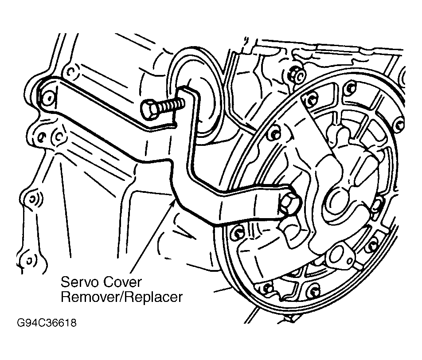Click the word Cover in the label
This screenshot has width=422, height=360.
click(x=122, y=282)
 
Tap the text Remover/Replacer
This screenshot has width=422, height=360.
click(x=121, y=297)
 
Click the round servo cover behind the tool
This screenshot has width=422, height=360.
click(x=207, y=105)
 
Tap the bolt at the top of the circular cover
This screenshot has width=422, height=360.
click(x=312, y=100)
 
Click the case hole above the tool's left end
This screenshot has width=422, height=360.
click(x=70, y=72)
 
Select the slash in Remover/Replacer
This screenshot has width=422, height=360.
click(x=122, y=297)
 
